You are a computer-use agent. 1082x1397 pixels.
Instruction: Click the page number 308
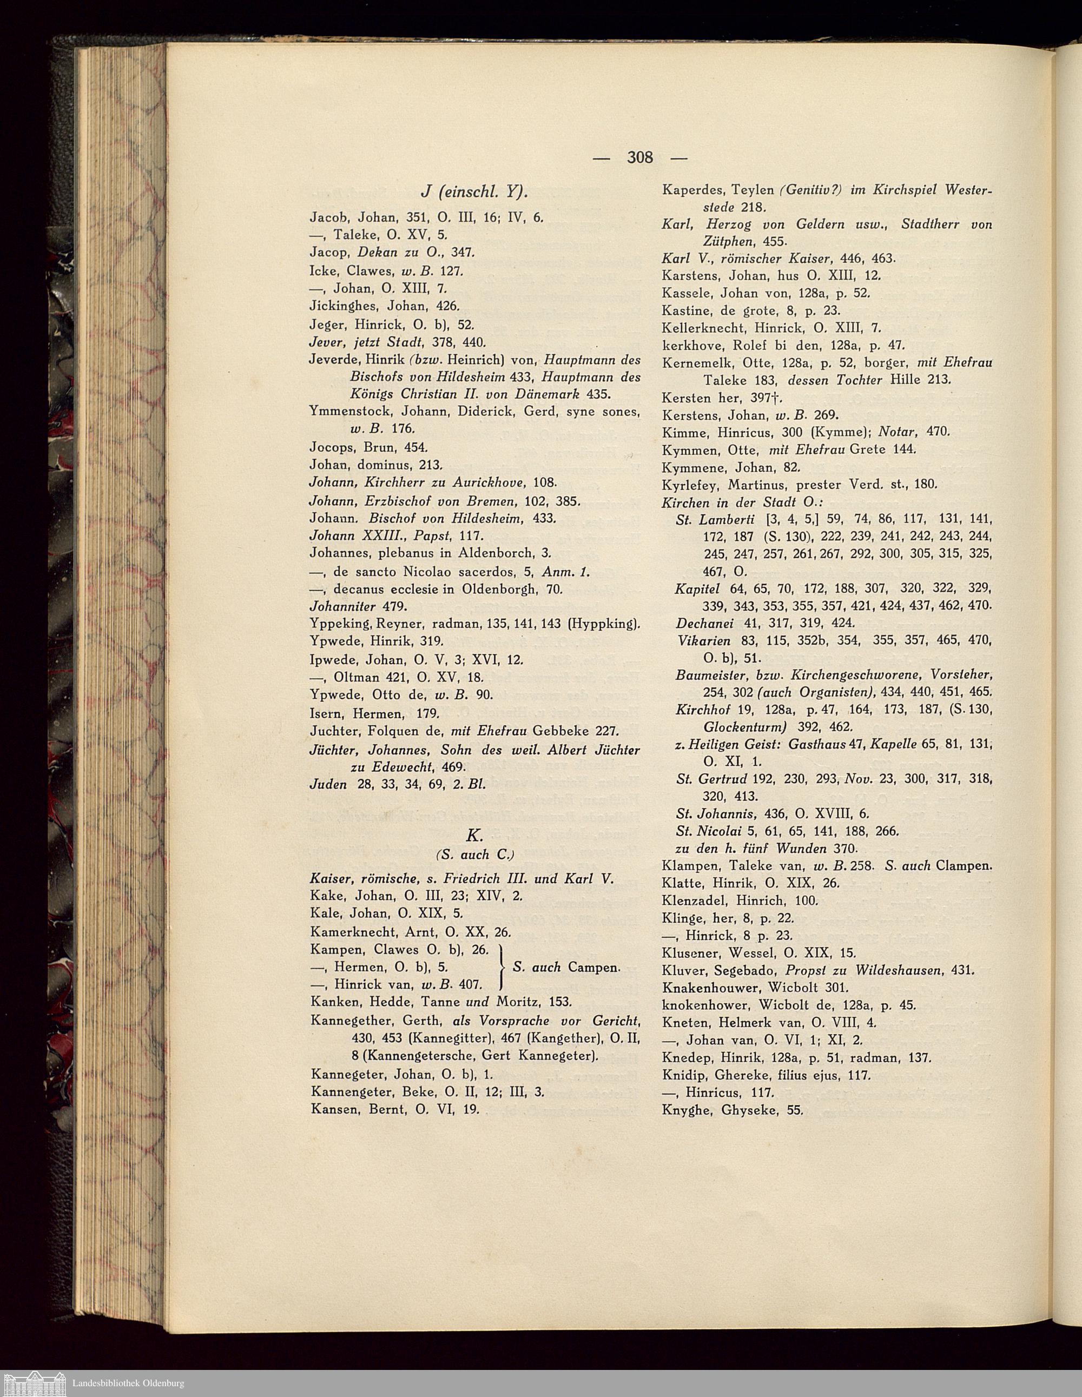(x=640, y=157)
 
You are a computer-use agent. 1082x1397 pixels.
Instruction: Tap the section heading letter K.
(x=474, y=835)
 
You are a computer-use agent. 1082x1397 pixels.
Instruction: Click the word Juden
(x=329, y=784)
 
